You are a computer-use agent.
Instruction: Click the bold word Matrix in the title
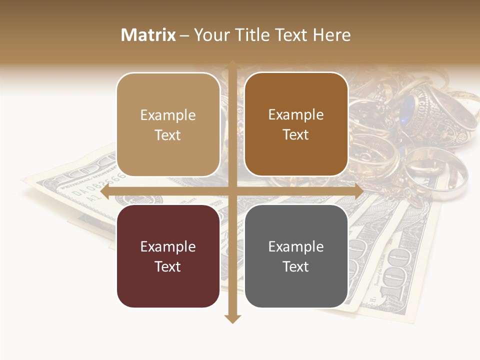pos(148,35)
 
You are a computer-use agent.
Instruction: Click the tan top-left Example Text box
pos(168,124)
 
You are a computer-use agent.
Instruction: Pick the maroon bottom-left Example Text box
pos(168,256)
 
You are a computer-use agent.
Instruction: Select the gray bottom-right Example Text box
pos(296,256)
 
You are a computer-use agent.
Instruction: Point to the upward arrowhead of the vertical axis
pos(232,65)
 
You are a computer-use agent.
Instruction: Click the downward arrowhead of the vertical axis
pos(232,318)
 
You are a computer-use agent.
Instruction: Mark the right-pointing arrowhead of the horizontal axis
pos(359,192)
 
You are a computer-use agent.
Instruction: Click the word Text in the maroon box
pos(168,266)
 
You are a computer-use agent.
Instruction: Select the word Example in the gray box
pos(296,246)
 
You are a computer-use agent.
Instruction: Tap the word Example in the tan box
pos(168,115)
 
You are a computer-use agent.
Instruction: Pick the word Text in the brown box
pos(296,134)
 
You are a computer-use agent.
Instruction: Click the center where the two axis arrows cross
pos(232,192)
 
